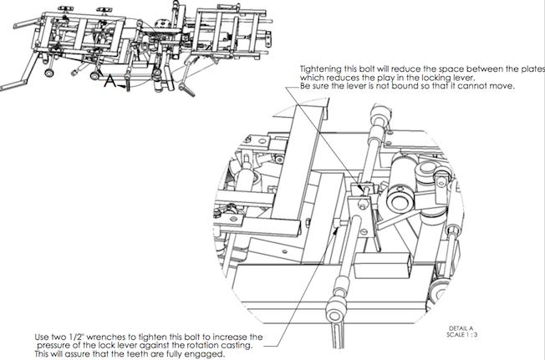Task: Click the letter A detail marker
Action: point(109,81)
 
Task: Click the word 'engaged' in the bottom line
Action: point(206,355)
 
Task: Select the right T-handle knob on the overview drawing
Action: point(104,11)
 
